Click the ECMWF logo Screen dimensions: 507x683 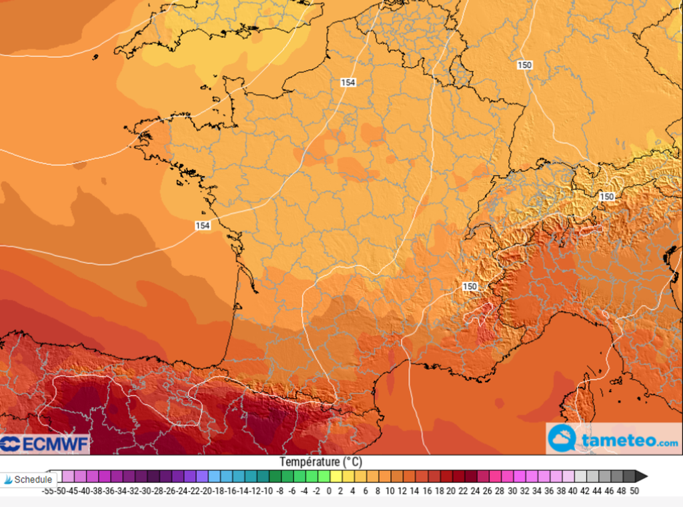click(x=44, y=444)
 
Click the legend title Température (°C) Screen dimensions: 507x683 click(x=321, y=462)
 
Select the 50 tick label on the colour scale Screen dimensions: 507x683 click(x=634, y=491)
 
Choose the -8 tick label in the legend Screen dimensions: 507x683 click(x=279, y=491)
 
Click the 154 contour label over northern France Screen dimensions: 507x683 click(x=348, y=82)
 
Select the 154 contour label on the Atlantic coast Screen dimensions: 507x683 click(x=203, y=225)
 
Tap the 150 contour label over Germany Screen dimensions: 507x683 click(x=524, y=65)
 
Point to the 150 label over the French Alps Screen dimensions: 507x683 click(x=470, y=286)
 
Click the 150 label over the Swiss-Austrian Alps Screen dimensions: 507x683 click(x=606, y=196)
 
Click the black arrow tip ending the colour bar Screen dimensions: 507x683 click(x=640, y=476)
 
